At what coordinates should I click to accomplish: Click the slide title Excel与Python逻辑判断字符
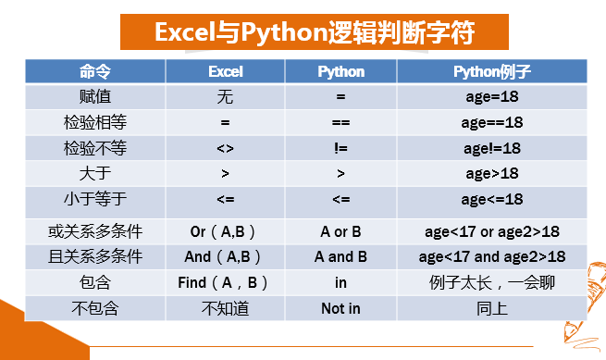(315, 32)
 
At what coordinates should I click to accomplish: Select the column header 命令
(95, 71)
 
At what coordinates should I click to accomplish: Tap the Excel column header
(226, 71)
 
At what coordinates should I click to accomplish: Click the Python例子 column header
(492, 71)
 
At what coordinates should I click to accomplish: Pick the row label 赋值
(95, 96)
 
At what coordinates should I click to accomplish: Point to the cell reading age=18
(492, 96)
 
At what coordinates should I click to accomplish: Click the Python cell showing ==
(340, 122)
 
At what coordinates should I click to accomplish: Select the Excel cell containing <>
(226, 148)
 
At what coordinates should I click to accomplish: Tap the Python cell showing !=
(340, 148)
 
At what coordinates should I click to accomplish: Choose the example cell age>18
(492, 174)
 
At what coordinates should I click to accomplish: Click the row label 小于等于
(95, 199)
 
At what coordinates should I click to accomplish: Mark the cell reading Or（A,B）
(223, 232)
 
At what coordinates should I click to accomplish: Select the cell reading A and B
(340, 256)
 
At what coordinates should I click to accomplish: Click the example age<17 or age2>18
(492, 232)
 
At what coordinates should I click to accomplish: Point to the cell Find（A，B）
(223, 282)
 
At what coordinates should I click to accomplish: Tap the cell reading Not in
(340, 308)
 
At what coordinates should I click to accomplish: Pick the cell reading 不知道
(226, 308)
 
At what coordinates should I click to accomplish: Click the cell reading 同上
(492, 308)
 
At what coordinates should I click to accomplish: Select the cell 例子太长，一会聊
(492, 282)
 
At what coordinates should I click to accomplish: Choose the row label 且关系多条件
(95, 256)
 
